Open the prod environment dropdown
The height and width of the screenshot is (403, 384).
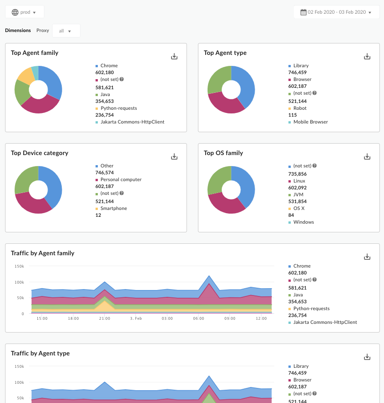click(24, 12)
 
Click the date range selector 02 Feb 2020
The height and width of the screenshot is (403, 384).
click(336, 12)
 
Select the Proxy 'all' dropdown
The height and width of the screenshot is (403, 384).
click(66, 31)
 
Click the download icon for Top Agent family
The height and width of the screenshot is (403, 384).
click(174, 56)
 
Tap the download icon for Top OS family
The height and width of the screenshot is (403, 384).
click(367, 156)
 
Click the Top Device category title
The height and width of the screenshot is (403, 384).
click(40, 153)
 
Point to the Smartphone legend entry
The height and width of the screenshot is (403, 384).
click(114, 208)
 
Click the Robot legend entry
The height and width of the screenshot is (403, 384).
click(300, 108)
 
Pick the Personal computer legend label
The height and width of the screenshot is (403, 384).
click(121, 179)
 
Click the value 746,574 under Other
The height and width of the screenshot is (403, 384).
click(105, 172)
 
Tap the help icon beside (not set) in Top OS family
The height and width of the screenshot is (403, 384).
click(315, 166)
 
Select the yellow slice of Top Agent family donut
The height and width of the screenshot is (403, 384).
click(26, 75)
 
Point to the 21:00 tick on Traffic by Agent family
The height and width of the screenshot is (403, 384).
click(105, 318)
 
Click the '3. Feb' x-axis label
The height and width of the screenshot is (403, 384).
click(136, 318)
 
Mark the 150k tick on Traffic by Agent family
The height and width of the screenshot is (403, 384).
click(19, 266)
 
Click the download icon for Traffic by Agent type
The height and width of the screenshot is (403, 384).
click(367, 357)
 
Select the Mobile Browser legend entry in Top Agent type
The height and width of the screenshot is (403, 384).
click(310, 122)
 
